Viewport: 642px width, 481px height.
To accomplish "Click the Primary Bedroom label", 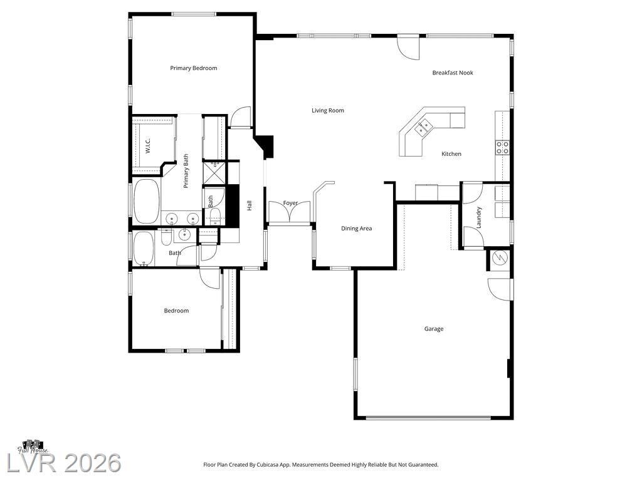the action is click(x=194, y=68).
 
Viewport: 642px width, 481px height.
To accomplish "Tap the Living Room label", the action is click(x=328, y=110).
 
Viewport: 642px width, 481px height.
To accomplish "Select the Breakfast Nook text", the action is click(x=453, y=73).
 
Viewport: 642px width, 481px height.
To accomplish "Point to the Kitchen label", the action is click(x=451, y=154).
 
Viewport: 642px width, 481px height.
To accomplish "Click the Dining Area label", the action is click(x=357, y=229).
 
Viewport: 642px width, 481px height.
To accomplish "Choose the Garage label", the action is click(x=434, y=329).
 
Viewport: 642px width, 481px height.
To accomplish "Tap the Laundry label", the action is click(x=478, y=217).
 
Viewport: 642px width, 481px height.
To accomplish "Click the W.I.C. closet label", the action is click(x=148, y=145).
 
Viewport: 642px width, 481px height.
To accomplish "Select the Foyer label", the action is click(x=290, y=203).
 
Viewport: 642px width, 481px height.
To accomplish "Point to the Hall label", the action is click(x=249, y=205).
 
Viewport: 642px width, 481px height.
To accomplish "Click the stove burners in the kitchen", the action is click(x=502, y=148).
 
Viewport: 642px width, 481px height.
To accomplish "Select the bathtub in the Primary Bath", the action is click(x=146, y=201).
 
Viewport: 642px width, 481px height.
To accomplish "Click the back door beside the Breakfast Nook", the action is click(x=409, y=48).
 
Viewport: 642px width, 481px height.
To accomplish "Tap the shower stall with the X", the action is click(x=214, y=173).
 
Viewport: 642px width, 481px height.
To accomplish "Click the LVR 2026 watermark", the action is click(x=64, y=463).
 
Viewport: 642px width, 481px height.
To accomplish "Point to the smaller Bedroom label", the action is click(x=176, y=311).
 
